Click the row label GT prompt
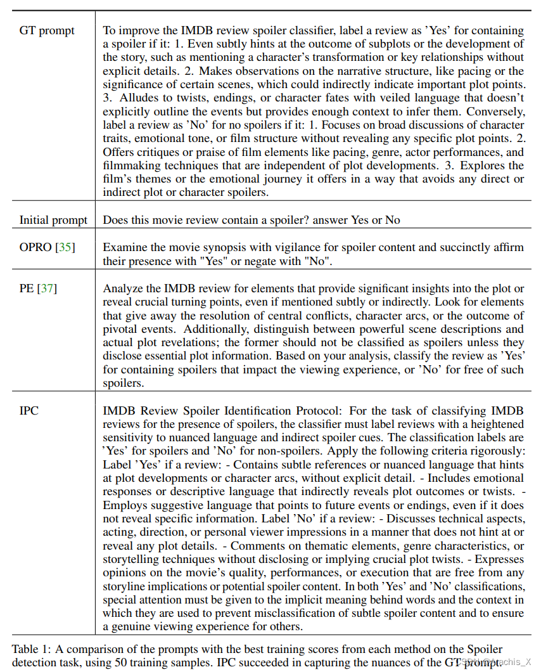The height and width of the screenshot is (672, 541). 46,30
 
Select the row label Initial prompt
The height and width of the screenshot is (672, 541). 53,220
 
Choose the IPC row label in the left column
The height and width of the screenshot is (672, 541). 29,410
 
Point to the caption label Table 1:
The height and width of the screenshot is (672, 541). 31,649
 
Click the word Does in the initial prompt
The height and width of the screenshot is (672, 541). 115,220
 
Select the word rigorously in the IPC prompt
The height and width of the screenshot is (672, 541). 493,451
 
